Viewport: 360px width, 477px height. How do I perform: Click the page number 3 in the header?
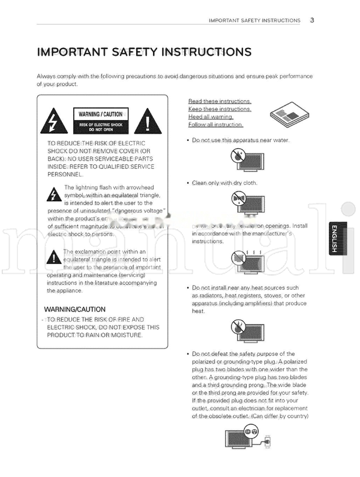pos(313,20)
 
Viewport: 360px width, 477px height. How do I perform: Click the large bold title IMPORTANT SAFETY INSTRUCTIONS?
pos(144,52)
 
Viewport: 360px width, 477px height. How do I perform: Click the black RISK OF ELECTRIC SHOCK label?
pos(100,127)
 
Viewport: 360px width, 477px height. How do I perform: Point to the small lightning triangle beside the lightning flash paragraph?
pos(53,194)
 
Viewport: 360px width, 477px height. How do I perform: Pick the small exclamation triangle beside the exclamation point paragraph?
pos(53,258)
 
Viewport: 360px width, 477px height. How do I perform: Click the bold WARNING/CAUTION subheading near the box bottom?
pos(75,309)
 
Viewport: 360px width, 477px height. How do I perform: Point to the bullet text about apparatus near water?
pos(232,140)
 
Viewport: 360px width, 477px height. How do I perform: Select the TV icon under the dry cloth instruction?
pos(244,203)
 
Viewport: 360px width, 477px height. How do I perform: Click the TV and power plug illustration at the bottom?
pos(246,438)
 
